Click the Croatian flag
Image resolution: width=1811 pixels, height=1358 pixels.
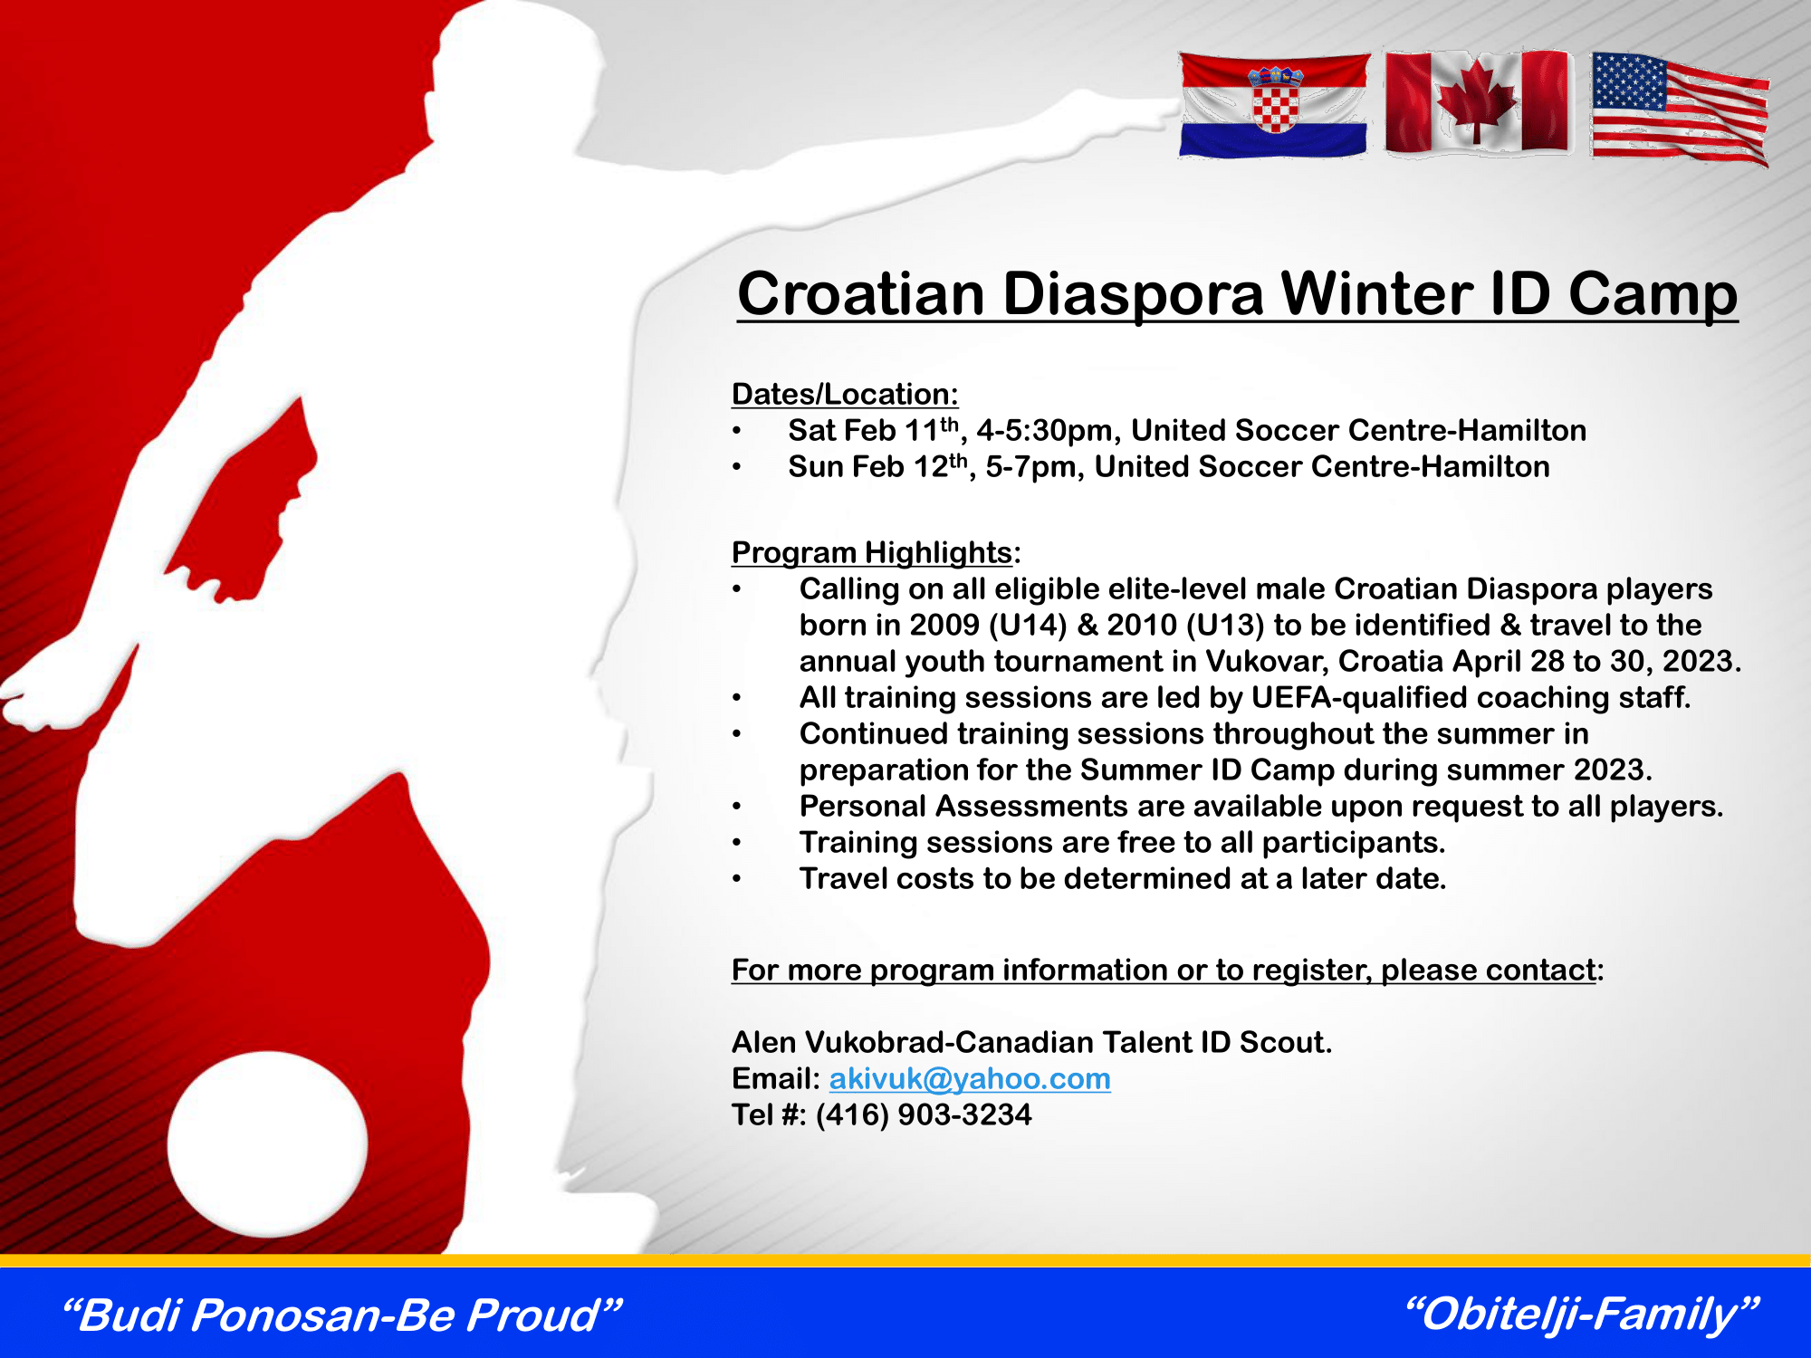point(1274,105)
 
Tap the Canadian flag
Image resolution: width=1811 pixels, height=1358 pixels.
point(1478,101)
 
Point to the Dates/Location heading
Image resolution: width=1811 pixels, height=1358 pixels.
point(845,395)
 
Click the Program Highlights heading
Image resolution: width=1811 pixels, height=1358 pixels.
point(872,553)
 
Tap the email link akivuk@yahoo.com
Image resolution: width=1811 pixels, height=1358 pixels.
point(970,1079)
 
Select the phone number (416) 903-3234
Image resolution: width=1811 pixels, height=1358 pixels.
point(924,1114)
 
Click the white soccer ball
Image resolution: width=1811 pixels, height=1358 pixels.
point(267,1144)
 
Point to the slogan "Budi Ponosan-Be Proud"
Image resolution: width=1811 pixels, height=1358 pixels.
point(341,1315)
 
